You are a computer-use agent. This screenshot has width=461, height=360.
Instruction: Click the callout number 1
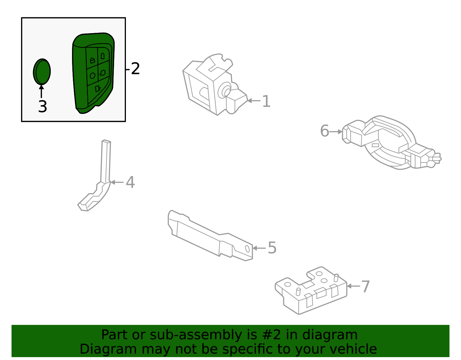pyautogui.click(x=266, y=101)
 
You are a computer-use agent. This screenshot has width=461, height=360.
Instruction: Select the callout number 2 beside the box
pyautogui.click(x=135, y=69)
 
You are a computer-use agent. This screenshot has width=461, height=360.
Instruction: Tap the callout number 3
pyautogui.click(x=42, y=107)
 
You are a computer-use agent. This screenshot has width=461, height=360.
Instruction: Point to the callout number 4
pyautogui.click(x=130, y=182)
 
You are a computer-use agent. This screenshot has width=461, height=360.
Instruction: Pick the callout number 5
pyautogui.click(x=272, y=248)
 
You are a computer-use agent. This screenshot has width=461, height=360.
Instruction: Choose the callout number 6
pyautogui.click(x=324, y=131)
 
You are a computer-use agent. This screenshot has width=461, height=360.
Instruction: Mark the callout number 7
pyautogui.click(x=365, y=287)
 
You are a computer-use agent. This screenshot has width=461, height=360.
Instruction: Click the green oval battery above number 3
pyautogui.click(x=42, y=72)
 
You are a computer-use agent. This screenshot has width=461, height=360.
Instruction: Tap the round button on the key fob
pyautogui.click(x=92, y=76)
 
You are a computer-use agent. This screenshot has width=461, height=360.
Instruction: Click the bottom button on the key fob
pyautogui.click(x=98, y=88)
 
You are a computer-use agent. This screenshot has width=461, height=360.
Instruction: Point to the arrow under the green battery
pyautogui.click(x=41, y=91)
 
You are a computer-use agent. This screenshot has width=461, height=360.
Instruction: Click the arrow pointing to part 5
pyautogui.click(x=259, y=248)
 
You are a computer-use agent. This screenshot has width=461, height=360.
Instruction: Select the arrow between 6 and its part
pyautogui.click(x=336, y=132)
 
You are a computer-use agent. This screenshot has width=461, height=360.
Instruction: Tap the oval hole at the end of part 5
pyautogui.click(x=247, y=249)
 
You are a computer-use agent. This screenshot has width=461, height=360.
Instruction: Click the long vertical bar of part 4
pyautogui.click(x=105, y=161)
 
